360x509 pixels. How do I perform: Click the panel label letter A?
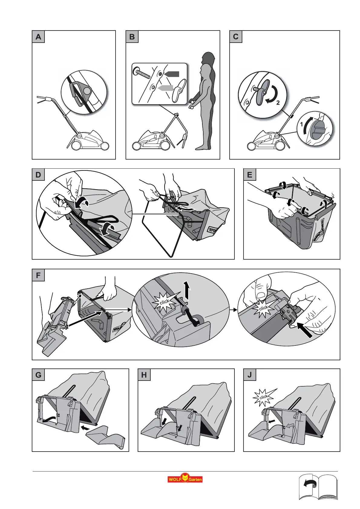coord(38,37)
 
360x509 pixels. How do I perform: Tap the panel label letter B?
coord(132,37)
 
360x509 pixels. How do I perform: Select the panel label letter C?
coord(236,37)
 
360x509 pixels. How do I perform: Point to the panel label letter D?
coord(38,175)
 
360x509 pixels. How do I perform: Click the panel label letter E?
coord(250,175)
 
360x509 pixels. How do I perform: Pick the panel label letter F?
coord(38,275)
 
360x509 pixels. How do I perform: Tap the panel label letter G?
coord(38,375)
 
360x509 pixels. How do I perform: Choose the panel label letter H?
coord(144,375)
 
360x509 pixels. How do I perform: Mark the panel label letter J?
coord(250,375)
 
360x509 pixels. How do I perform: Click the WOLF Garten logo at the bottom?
coord(185,478)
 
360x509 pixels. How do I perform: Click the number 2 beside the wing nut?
coord(278,103)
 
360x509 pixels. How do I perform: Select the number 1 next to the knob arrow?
coord(302,124)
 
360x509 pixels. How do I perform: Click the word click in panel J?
coord(263,397)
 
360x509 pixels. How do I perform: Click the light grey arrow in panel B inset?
coord(165,88)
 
